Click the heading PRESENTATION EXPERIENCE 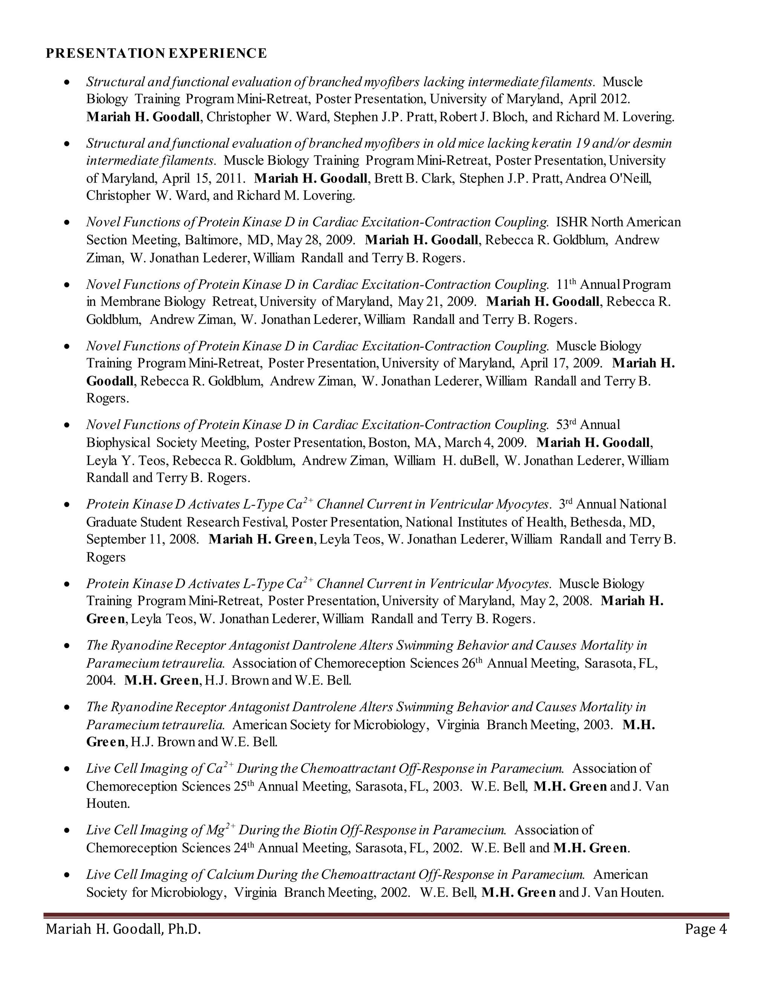pyautogui.click(x=156, y=54)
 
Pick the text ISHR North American pyautogui.click(x=618, y=222)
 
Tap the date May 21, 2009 pyautogui.click(x=437, y=302)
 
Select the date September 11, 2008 pyautogui.click(x=142, y=539)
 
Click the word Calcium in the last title pyautogui.click(x=230, y=875)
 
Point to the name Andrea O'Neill pyautogui.click(x=608, y=178)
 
